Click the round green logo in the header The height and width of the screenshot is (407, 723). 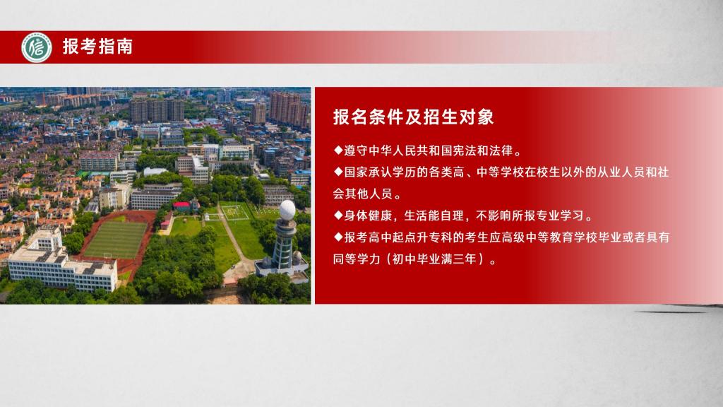[x=37, y=47]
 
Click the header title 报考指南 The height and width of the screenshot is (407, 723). [x=97, y=47]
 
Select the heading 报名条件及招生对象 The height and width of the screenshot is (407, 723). [x=413, y=117]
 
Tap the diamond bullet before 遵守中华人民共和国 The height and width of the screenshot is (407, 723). [x=338, y=150]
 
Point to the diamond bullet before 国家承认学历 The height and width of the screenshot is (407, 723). [x=338, y=172]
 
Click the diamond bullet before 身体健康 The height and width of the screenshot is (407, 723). [x=338, y=215]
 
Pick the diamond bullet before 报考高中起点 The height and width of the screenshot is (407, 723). [x=338, y=237]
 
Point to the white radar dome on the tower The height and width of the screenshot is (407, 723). [x=287, y=210]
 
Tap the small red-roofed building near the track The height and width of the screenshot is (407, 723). [x=181, y=206]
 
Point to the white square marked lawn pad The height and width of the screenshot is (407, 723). [x=234, y=212]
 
